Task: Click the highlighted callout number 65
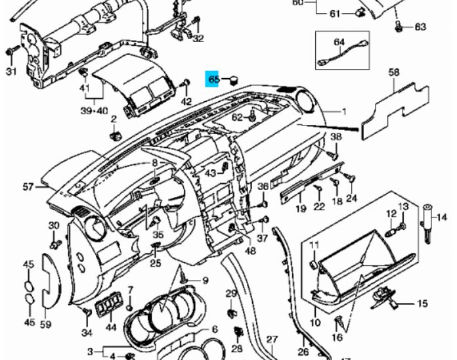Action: point(213,79)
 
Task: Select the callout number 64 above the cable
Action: point(339,42)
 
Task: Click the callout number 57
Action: point(28,187)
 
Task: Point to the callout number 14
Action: point(441,217)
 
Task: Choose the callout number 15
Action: point(422,304)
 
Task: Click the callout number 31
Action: point(10,71)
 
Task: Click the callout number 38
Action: point(336,137)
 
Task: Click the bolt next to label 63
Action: point(399,26)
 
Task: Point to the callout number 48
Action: point(250,250)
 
